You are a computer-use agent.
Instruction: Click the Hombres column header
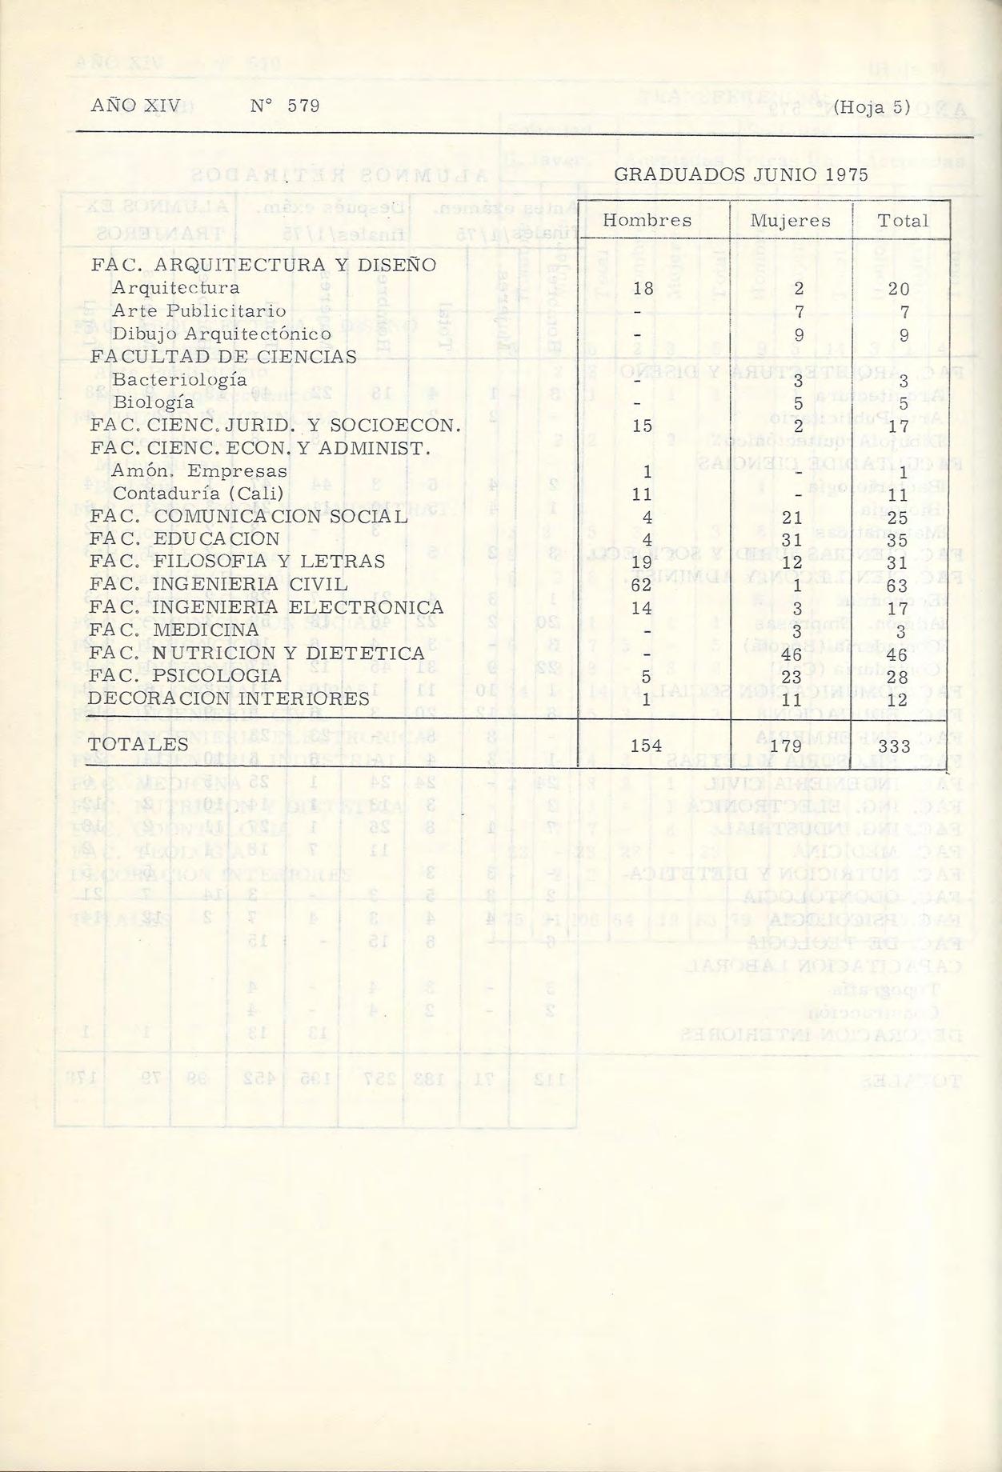(647, 221)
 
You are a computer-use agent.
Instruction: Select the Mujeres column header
(791, 221)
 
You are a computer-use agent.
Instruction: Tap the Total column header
(903, 221)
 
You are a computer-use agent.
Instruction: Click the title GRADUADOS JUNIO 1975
(740, 175)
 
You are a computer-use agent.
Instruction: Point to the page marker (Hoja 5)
(872, 106)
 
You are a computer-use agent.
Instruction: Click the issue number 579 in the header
(303, 106)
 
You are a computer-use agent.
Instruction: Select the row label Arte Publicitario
(199, 310)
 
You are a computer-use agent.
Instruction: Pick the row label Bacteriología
(179, 380)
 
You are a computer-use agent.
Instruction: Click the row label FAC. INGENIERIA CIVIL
(218, 585)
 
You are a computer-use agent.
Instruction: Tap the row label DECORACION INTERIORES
(230, 699)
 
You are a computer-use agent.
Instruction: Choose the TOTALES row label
(139, 745)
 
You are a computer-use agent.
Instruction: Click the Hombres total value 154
(646, 746)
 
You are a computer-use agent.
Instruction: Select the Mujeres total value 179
(792, 746)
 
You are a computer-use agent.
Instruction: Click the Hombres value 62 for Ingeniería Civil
(643, 585)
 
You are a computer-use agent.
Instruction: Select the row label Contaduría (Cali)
(198, 494)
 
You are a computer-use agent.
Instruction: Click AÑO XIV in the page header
(136, 106)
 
